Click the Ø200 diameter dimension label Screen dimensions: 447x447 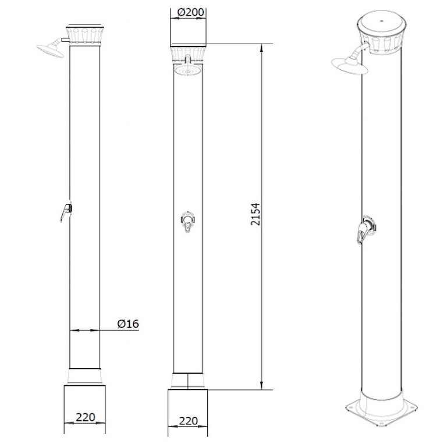(x=190, y=12)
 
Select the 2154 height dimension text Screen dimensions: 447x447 (x=256, y=214)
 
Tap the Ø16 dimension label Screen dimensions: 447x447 (x=128, y=324)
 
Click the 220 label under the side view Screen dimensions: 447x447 (x=85, y=417)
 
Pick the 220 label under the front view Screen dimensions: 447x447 (x=188, y=421)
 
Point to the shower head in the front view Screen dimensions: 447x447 (x=188, y=70)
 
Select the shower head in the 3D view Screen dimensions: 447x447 (x=349, y=66)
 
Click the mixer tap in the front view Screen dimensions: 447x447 (x=188, y=222)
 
